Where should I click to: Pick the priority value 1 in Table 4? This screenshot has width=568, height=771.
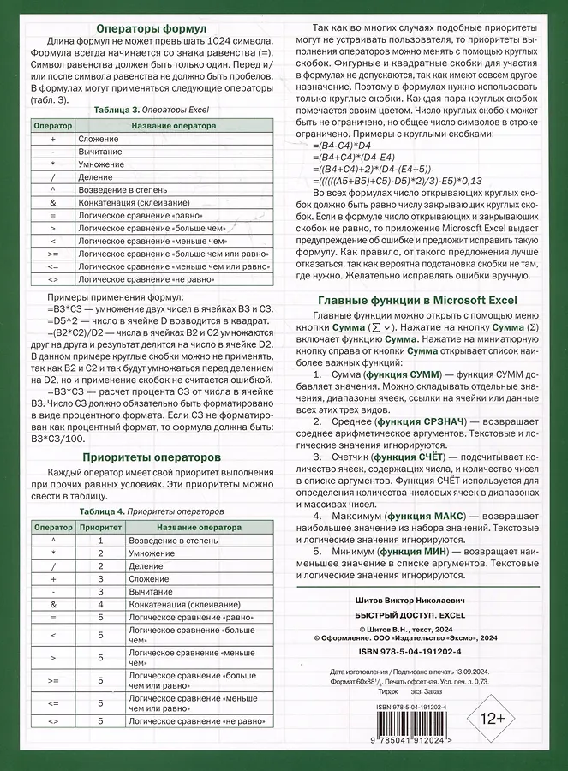[99, 542]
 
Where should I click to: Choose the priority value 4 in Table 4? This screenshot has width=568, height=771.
[99, 604]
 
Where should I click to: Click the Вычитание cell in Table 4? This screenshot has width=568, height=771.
[150, 591]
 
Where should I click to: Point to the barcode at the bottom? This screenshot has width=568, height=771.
[405, 725]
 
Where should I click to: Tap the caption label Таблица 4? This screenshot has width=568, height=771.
[102, 511]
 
